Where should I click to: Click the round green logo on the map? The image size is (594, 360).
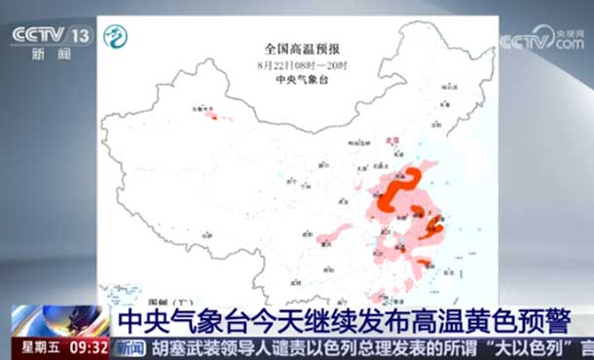pos(116,37)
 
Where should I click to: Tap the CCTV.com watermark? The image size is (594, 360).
pos(540,41)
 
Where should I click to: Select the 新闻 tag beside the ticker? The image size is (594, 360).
pos(130,346)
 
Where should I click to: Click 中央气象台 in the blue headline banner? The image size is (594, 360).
pos(180,319)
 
